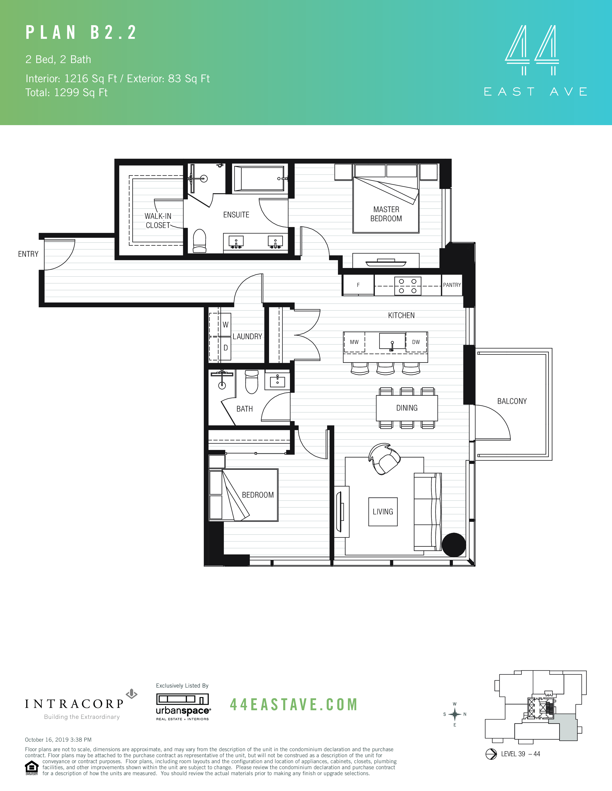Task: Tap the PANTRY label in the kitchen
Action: pyautogui.click(x=452, y=285)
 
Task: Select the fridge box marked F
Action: pyautogui.click(x=358, y=285)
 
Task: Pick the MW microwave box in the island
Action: pyautogui.click(x=354, y=342)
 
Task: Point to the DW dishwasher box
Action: pyautogui.click(x=416, y=342)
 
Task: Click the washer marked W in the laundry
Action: pyautogui.click(x=226, y=325)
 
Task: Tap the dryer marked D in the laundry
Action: pyautogui.click(x=226, y=348)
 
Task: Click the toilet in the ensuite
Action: pyautogui.click(x=199, y=240)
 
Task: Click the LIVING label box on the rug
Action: pyautogui.click(x=383, y=512)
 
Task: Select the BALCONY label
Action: pyautogui.click(x=512, y=401)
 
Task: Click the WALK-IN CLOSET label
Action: pyautogui.click(x=158, y=221)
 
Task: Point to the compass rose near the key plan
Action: pyautogui.click(x=454, y=714)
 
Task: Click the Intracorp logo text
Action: pyautogui.click(x=75, y=704)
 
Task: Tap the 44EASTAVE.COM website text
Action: pyautogui.click(x=294, y=705)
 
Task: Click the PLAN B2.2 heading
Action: pyautogui.click(x=81, y=33)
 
